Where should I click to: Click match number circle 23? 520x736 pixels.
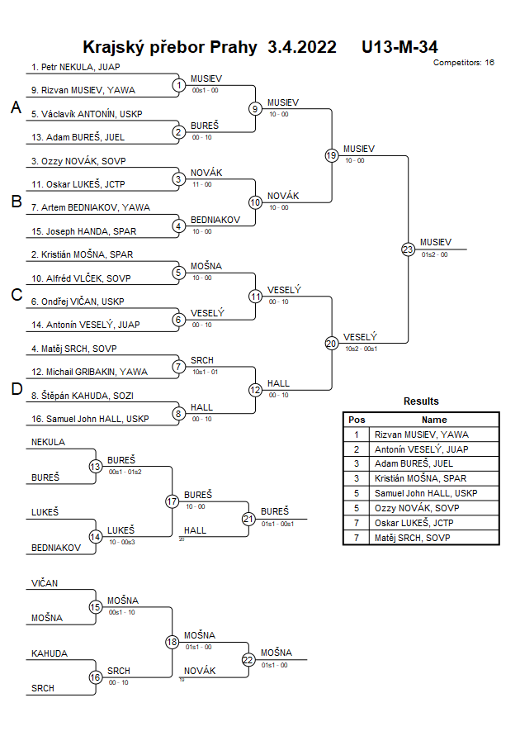tap(408, 249)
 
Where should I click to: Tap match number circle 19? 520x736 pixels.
tap(331, 155)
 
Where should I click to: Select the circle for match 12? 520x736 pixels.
tap(255, 390)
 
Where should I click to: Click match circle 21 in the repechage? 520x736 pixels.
tap(248, 519)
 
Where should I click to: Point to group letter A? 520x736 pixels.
tap(16, 107)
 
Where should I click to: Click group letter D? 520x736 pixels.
tap(16, 390)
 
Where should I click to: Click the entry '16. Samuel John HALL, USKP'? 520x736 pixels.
tap(91, 419)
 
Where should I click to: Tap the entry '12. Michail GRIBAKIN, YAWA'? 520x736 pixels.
tap(90, 372)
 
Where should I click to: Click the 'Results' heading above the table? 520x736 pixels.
tap(421, 401)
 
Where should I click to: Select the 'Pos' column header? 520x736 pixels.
tap(357, 420)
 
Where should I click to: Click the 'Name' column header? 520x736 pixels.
tap(434, 420)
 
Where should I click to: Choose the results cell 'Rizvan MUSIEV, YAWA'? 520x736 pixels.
tap(421, 434)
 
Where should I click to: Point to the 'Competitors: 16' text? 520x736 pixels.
tap(464, 63)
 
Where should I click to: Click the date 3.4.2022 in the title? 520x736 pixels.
tap(302, 47)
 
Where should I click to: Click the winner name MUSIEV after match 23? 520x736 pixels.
tap(436, 242)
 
